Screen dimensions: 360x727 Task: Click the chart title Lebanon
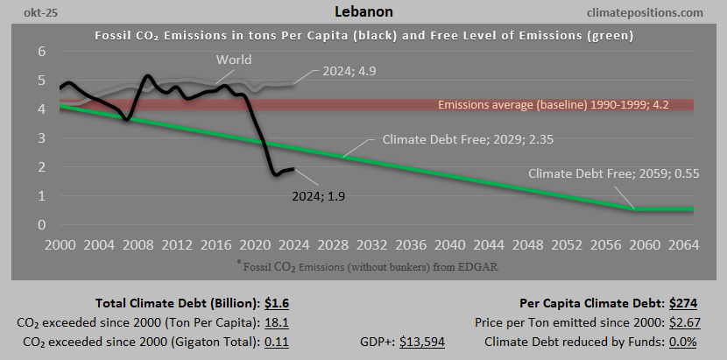[363, 12]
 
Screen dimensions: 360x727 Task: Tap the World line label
[234, 60]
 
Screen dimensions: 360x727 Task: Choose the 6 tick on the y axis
[40, 51]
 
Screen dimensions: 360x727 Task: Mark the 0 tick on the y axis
[40, 224]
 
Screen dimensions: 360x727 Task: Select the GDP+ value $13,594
[421, 341]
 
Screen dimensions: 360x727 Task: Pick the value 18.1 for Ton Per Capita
[278, 322]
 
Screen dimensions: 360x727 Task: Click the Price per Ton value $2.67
[683, 322]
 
